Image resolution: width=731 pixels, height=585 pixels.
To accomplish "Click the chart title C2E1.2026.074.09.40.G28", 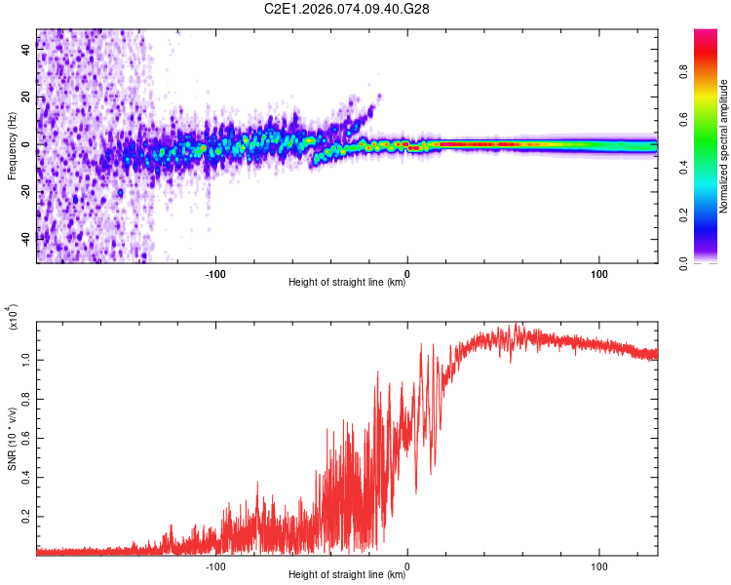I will pyautogui.click(x=348, y=9).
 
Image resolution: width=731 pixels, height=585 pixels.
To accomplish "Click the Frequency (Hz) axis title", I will pyautogui.click(x=12, y=146).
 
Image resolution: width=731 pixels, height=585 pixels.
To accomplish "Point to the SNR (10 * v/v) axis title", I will pyautogui.click(x=12, y=439).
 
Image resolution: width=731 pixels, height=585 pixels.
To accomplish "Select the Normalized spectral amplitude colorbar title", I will pyautogui.click(x=724, y=146).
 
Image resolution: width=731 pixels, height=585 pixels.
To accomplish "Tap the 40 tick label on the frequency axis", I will pyautogui.click(x=26, y=51).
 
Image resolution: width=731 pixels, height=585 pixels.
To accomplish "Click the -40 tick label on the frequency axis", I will pyautogui.click(x=24, y=238).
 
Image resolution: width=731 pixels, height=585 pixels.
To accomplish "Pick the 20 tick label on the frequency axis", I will pyautogui.click(x=26, y=97).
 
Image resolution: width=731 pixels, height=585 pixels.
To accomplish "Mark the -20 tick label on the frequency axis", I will pyautogui.click(x=24, y=191).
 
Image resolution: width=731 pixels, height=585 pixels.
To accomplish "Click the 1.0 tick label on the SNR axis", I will pyautogui.click(x=26, y=360).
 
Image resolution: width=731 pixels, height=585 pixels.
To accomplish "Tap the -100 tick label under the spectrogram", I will pyautogui.click(x=214, y=273).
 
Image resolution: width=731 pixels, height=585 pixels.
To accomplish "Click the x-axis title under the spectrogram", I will pyautogui.click(x=348, y=284).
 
